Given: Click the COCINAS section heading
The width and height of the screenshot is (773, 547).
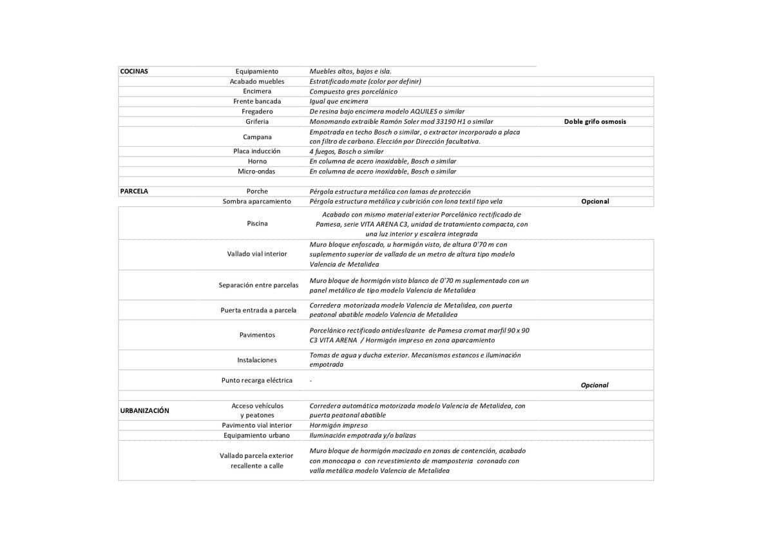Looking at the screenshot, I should pos(134,72).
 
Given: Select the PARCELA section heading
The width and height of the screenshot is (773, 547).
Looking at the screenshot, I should pos(134,191).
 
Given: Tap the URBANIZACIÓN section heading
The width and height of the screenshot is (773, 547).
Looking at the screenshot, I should pos(144,410).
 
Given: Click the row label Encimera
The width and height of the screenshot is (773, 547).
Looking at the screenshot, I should pos(257,91).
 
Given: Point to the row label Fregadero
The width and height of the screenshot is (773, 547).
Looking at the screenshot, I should pos(257,111).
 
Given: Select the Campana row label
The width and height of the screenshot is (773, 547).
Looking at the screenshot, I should pos(257,137).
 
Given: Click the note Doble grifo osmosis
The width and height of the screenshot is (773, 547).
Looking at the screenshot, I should pos(595,121).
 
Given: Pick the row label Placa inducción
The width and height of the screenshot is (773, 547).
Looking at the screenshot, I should pos(257,151).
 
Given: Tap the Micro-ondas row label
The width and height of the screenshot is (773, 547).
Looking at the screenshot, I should pos(256,171).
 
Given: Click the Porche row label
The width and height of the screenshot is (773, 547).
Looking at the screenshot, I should pos(257,191).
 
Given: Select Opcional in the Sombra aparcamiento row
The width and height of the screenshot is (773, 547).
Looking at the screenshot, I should pos(595,202).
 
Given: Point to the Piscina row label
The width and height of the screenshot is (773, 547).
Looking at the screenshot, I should pos(257,224).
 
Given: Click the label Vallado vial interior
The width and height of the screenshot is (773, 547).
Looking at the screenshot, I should pos(257,254).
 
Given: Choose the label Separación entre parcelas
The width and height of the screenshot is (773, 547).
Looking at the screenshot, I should pos(258,285).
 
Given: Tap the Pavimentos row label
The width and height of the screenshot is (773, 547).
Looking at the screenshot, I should pos(257,335).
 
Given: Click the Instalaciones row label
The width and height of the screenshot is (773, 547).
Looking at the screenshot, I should pos(257,360).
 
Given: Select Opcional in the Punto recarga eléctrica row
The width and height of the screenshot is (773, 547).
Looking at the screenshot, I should pos(595,385).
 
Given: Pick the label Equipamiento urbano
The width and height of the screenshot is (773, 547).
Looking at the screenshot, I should pos(257,436).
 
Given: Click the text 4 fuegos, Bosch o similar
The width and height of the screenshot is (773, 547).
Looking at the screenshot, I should pos(346,151).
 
